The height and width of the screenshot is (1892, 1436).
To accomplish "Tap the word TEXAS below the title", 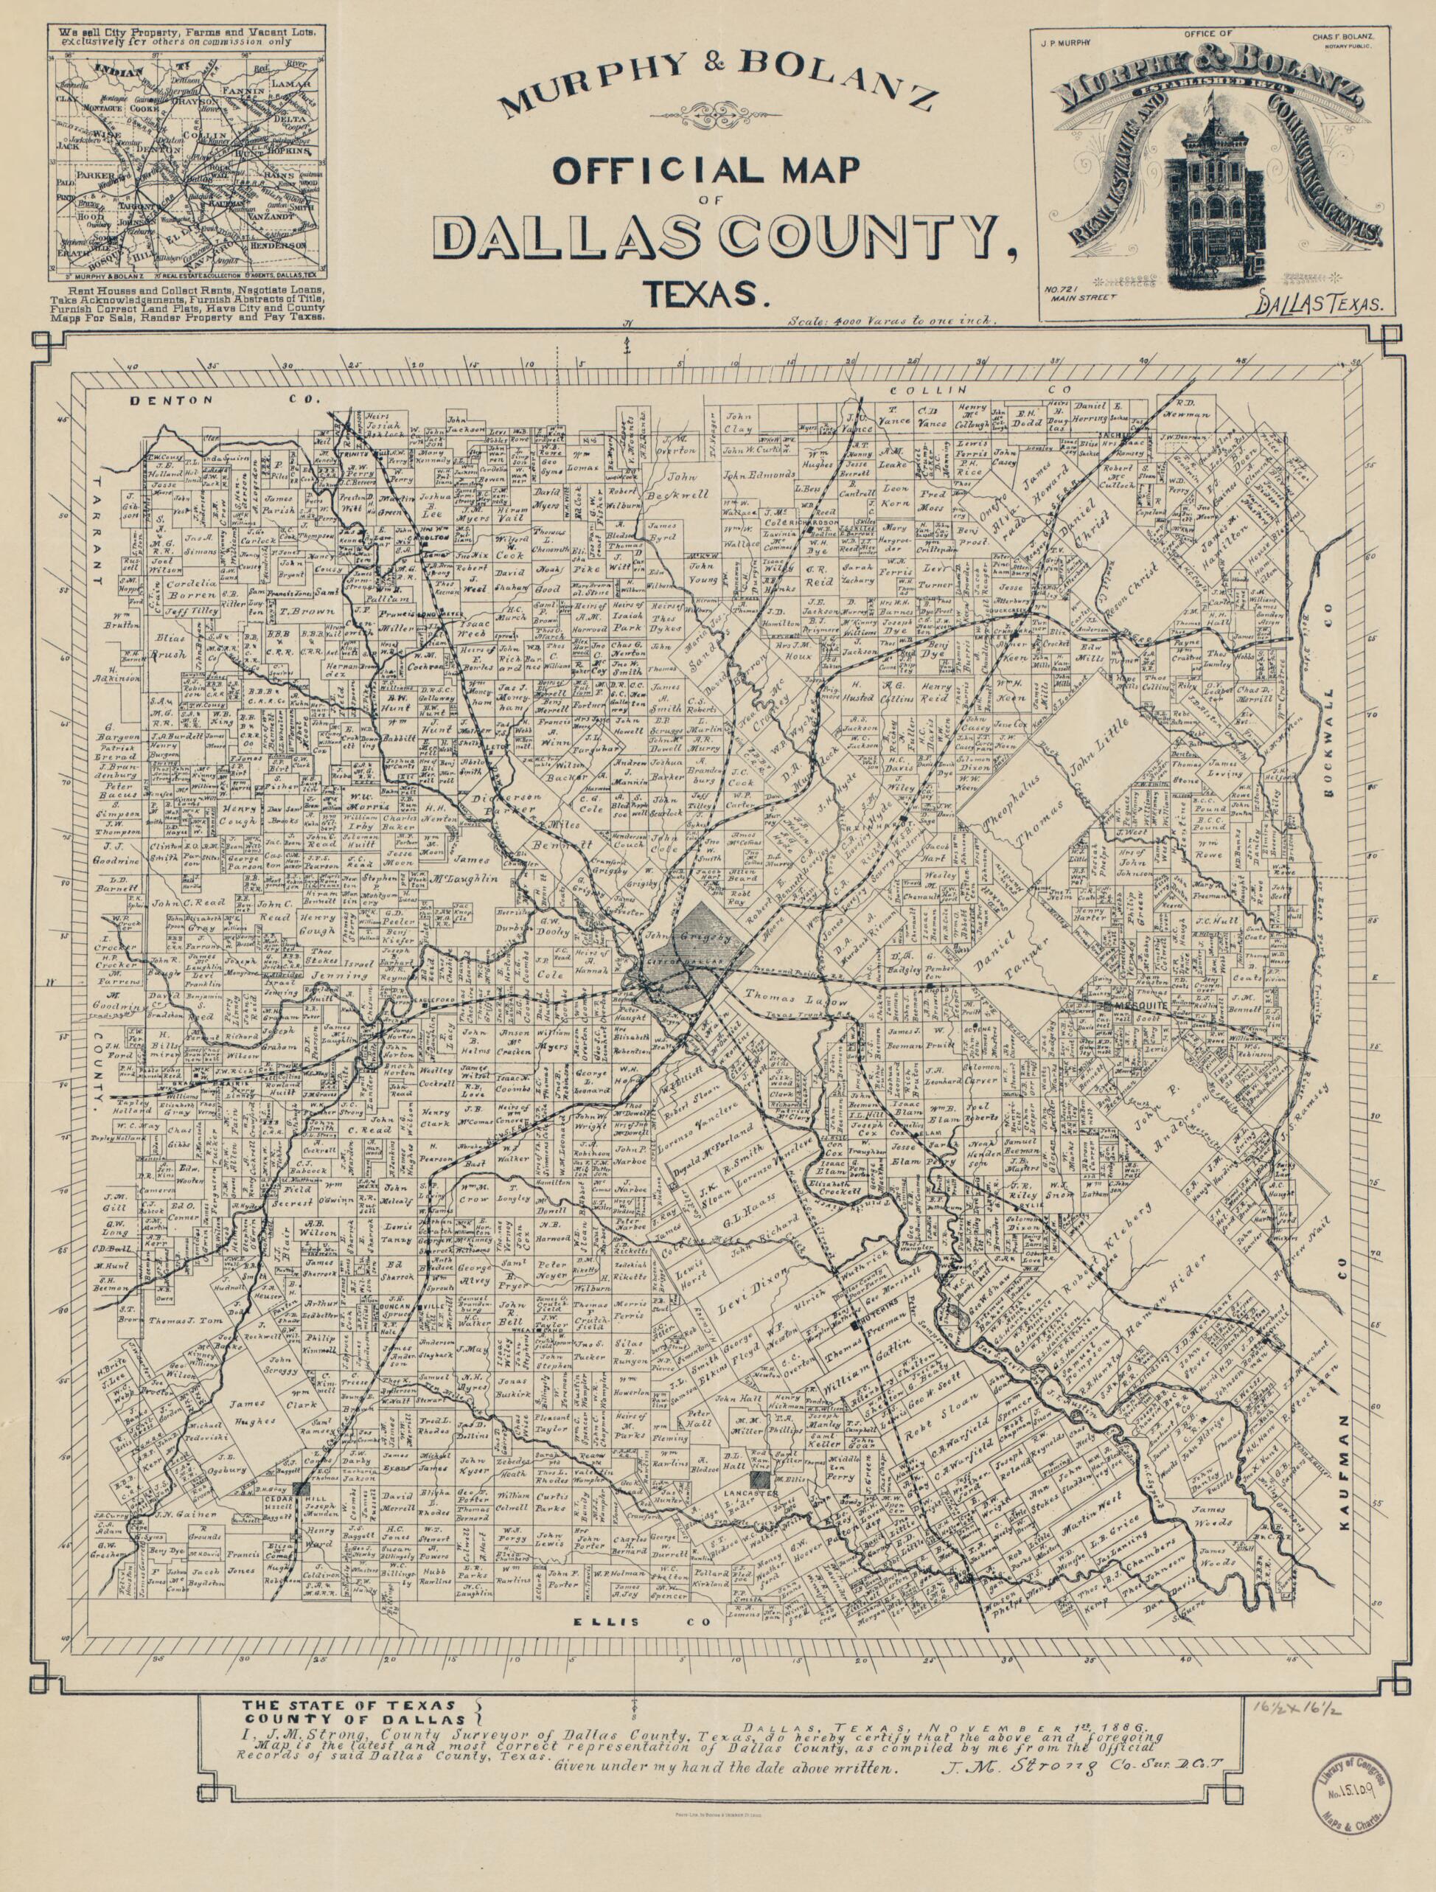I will (703, 293).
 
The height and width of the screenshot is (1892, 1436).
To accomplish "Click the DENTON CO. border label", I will (223, 399).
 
